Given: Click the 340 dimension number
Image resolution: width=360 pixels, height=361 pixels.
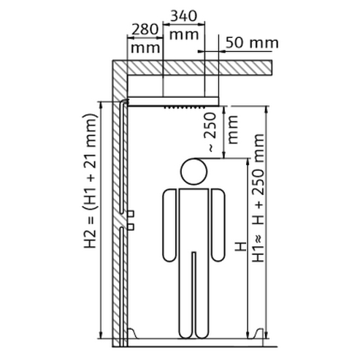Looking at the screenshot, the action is (x=183, y=16).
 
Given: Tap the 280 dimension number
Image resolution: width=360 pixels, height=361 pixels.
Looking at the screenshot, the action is (x=145, y=29).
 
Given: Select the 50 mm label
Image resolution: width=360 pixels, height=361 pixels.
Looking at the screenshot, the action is (x=252, y=43).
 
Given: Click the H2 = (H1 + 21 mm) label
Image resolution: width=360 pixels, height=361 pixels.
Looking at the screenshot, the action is (x=90, y=180).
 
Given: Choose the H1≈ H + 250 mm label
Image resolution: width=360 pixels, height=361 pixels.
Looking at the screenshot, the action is (x=258, y=197).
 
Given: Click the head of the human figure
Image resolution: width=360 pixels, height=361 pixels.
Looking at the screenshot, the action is (x=194, y=172).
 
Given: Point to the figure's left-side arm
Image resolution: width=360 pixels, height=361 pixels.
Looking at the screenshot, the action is (x=169, y=225).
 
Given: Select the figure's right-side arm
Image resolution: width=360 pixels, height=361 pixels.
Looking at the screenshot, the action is (x=218, y=225).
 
